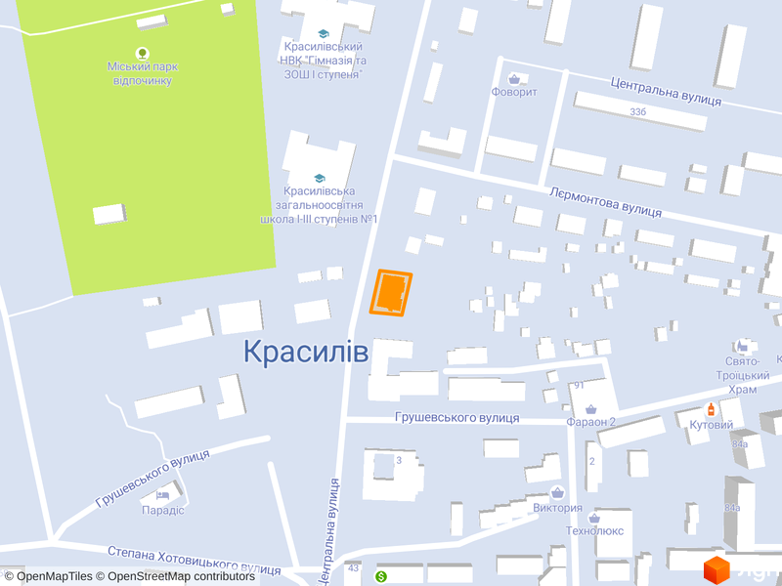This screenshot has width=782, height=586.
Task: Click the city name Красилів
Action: coord(306,352)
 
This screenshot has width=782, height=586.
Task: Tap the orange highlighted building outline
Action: coord(391,293)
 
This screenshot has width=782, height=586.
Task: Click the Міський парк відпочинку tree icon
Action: coord(143,53)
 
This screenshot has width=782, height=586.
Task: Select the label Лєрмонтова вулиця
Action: coord(605,202)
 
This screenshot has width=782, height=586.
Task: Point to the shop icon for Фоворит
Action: coord(514,78)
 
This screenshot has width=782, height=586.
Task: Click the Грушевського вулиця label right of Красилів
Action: coord(456,418)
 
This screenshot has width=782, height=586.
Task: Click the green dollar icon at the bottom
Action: coord(381,577)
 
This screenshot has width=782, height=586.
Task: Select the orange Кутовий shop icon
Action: coord(712,409)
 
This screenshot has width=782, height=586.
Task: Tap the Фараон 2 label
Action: coord(590,423)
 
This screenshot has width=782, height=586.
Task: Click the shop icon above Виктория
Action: coord(558,492)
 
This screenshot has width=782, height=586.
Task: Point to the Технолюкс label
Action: coord(594,531)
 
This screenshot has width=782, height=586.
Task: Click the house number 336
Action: coord(638,112)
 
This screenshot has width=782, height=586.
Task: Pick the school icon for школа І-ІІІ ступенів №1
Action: coord(319,178)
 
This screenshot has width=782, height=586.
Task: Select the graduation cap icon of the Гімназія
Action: coord(324,33)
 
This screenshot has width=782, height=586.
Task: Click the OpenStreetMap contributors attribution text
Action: coord(182,576)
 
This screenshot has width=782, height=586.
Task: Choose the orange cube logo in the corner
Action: coord(717,568)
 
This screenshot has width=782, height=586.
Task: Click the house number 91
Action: coord(579,385)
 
